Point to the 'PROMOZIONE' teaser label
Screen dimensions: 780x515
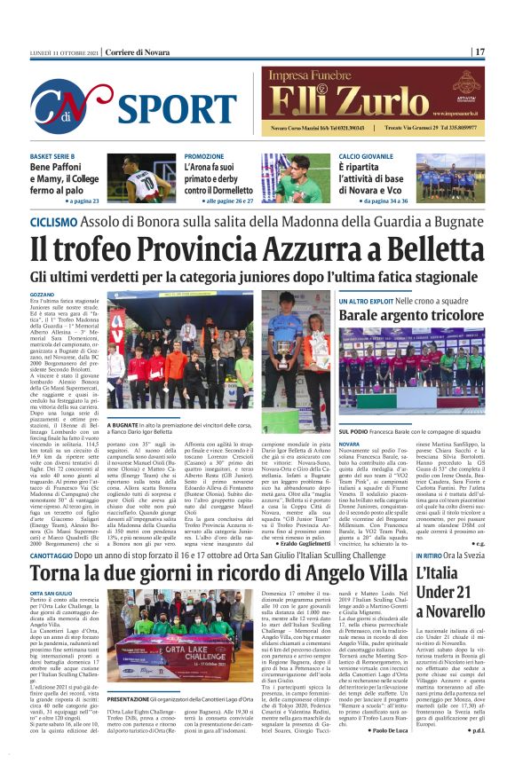(204, 156)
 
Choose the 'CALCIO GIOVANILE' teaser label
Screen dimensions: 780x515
(368, 156)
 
